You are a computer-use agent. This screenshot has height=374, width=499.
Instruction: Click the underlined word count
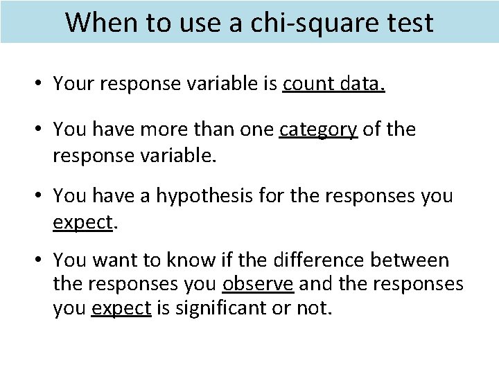pos(308,84)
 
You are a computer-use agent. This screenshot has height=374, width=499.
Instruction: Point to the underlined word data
pos(362,84)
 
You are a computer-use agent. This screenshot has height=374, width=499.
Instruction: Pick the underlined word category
pos(318,130)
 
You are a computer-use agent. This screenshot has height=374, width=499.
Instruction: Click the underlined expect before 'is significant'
pos(121,306)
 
